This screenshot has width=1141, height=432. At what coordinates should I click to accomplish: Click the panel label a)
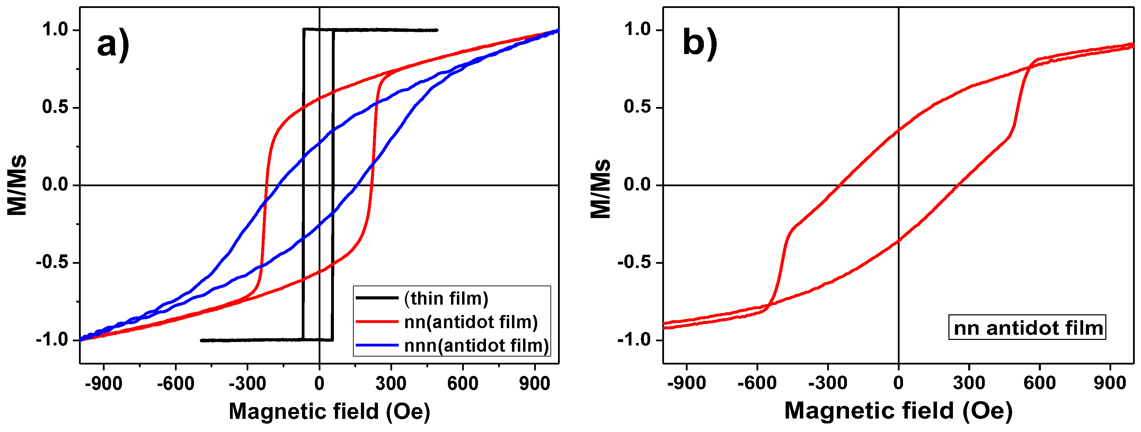(113, 44)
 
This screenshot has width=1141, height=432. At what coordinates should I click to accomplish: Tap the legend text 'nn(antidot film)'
(471, 322)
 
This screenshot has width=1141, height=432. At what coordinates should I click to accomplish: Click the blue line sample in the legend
(377, 345)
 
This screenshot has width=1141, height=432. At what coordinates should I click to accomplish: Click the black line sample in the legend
(377, 298)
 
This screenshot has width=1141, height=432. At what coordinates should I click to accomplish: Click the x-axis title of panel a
(329, 411)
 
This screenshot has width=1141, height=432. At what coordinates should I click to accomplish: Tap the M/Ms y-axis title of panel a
(17, 185)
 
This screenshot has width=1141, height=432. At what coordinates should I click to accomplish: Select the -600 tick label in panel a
(175, 383)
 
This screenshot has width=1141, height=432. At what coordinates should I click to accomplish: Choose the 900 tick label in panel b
(1110, 383)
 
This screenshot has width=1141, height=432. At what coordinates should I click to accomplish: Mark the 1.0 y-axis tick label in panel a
(55, 30)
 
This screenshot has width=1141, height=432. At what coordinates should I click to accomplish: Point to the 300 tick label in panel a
(391, 383)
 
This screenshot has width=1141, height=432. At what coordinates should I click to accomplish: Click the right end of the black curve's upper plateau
(437, 30)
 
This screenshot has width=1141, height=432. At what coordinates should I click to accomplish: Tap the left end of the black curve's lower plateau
(202, 340)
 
